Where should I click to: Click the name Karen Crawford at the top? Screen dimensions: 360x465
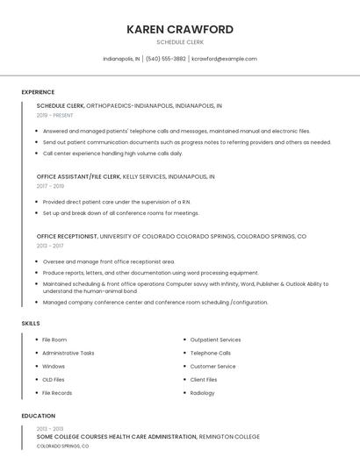pyautogui.click(x=180, y=30)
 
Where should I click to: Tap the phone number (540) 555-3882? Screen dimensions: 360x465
pyautogui.click(x=166, y=59)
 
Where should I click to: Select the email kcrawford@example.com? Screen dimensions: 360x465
pyautogui.click(x=224, y=59)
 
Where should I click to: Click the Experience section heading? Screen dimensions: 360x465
pyautogui.click(x=38, y=92)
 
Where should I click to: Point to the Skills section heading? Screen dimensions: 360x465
pyautogui.click(x=31, y=324)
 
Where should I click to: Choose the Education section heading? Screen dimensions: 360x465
pyautogui.click(x=38, y=415)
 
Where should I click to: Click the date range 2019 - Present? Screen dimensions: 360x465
pyautogui.click(x=55, y=115)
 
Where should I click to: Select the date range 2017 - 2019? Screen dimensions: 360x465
pyautogui.click(x=50, y=186)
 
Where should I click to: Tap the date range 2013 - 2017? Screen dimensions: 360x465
pyautogui.click(x=50, y=246)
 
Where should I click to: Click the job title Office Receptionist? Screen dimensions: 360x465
pyautogui.click(x=67, y=236)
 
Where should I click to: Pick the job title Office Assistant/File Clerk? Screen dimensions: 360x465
pyautogui.click(x=78, y=176)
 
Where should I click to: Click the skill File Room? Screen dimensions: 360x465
pyautogui.click(x=54, y=340)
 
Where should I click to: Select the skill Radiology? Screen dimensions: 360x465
pyautogui.click(x=202, y=393)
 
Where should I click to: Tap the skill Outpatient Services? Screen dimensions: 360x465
pyautogui.click(x=215, y=340)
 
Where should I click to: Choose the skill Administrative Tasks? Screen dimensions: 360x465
pyautogui.click(x=68, y=353)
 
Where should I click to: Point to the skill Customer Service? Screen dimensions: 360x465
pyautogui.click(x=212, y=366)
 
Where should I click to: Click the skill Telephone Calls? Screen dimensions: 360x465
pyautogui.click(x=210, y=353)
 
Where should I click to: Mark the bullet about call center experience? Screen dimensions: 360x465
pyautogui.click(x=112, y=153)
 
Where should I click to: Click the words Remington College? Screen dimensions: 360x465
pyautogui.click(x=229, y=436)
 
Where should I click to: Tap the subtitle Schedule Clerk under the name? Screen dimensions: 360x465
pyautogui.click(x=180, y=42)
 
